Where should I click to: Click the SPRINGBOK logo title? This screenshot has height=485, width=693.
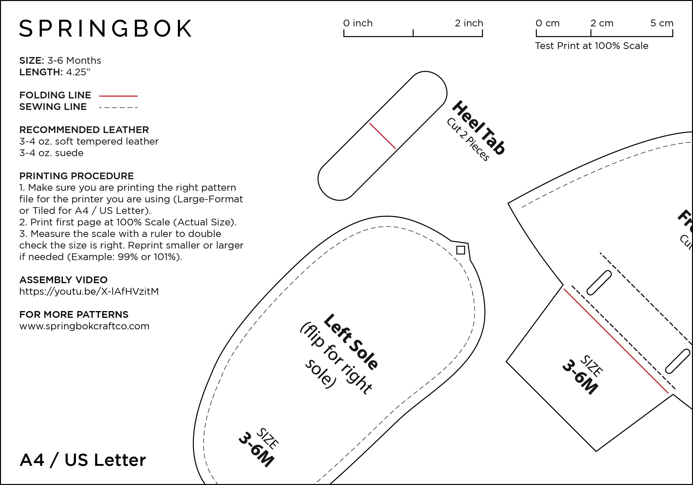[105, 28]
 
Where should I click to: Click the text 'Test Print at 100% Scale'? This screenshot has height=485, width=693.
[592, 45]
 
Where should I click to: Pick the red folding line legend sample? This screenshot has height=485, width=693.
[118, 96]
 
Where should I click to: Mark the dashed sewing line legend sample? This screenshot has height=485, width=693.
[118, 107]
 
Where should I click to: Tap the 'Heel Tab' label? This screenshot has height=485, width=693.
[478, 128]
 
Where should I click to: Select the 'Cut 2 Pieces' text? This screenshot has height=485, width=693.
[468, 139]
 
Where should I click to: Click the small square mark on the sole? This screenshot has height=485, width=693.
[461, 250]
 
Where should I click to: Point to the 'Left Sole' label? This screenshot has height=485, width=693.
[350, 342]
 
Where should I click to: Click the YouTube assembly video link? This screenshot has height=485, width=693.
[89, 291]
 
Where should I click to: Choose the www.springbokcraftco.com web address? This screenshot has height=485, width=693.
[84, 326]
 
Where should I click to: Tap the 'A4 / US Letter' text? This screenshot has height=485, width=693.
[83, 460]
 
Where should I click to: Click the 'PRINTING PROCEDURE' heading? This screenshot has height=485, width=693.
[77, 176]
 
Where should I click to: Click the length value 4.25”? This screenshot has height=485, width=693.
[78, 72]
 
